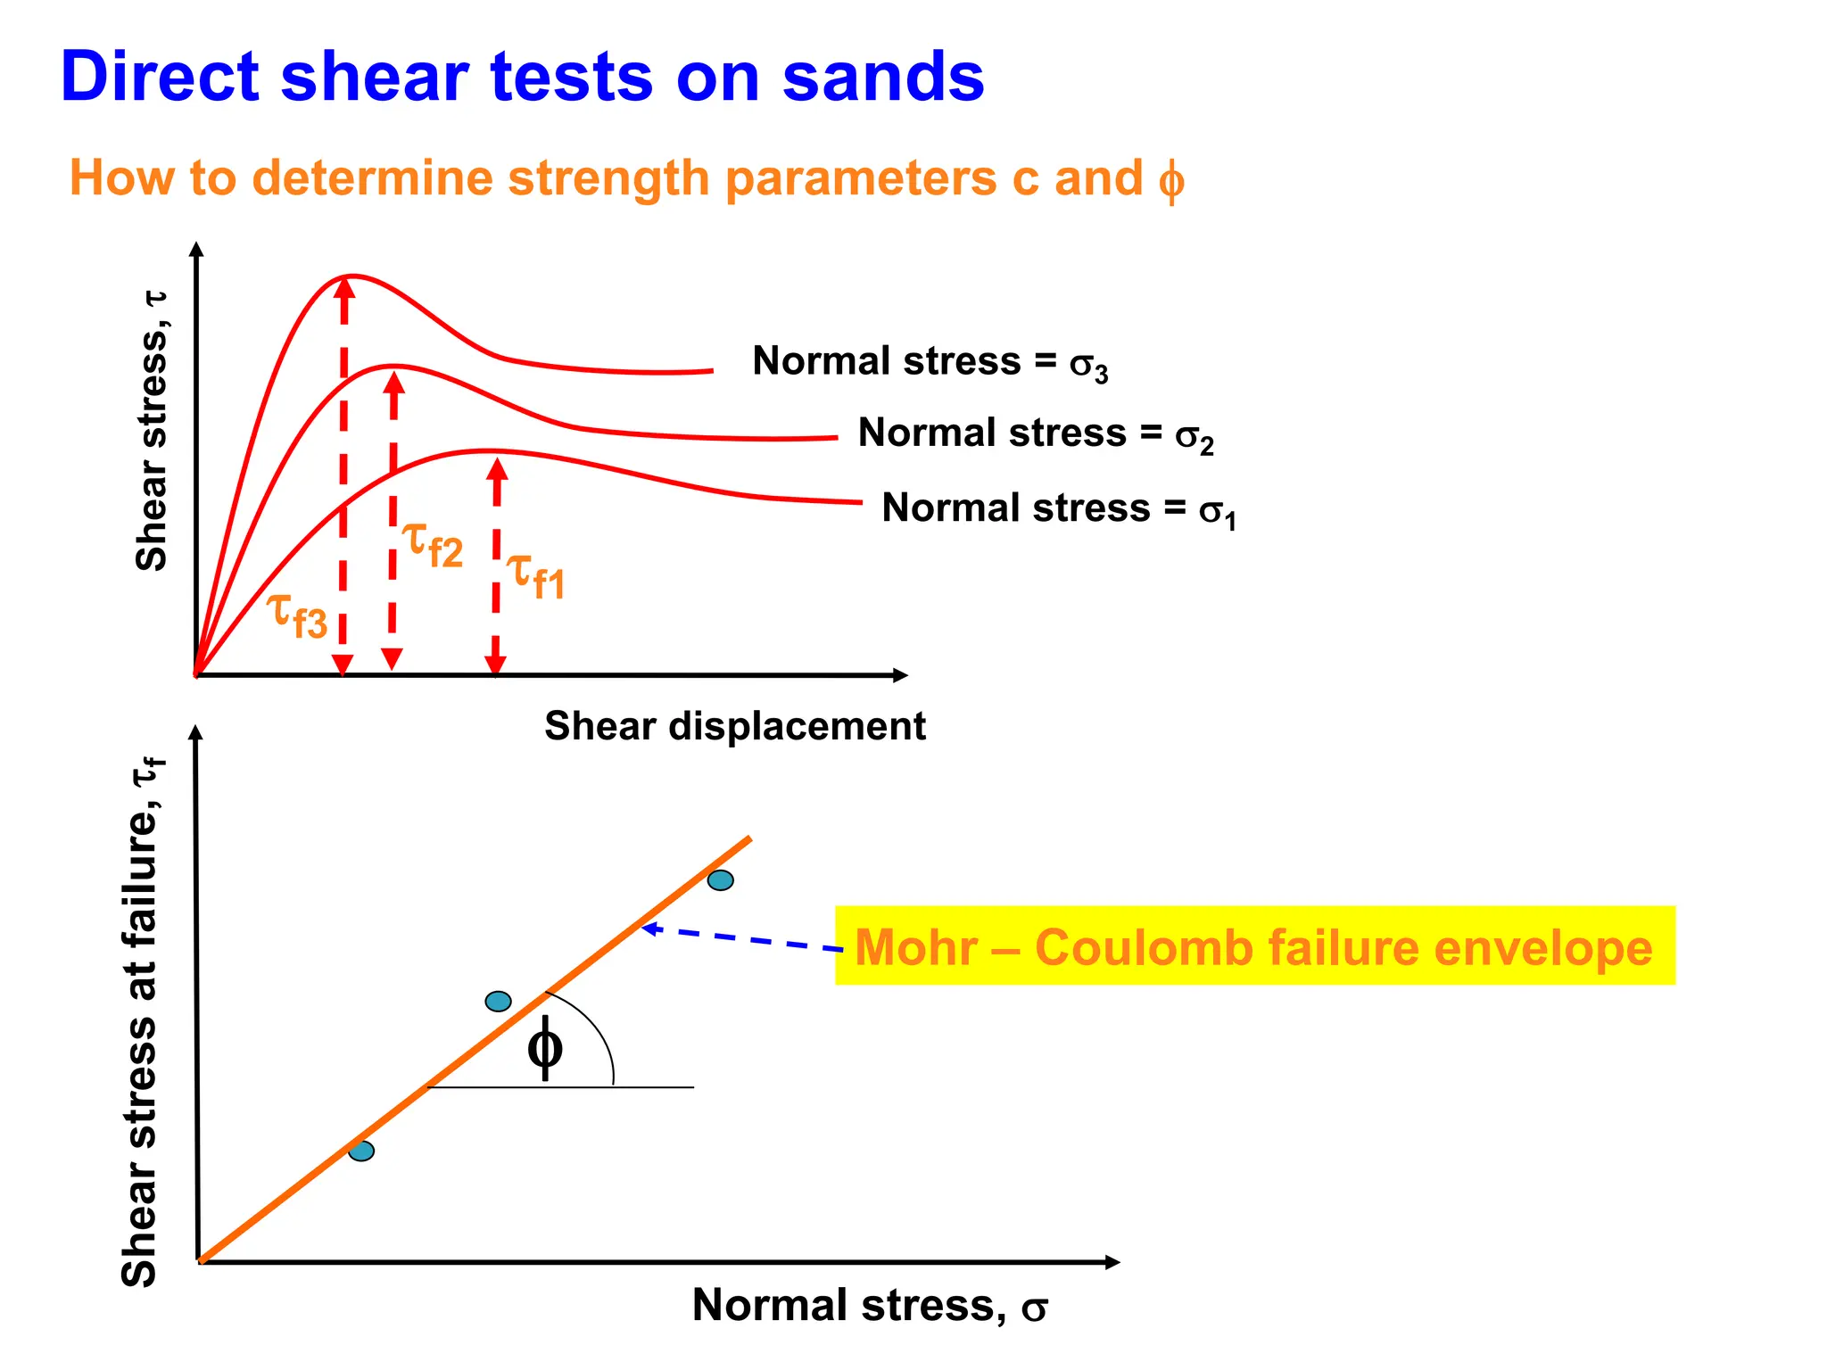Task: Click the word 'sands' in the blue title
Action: [x=883, y=77]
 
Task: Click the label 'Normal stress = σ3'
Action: [x=930, y=362]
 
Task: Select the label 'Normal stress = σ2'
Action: [x=1035, y=433]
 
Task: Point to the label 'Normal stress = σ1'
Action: [x=1058, y=509]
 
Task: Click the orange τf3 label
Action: [x=298, y=615]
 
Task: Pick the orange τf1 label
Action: [x=536, y=575]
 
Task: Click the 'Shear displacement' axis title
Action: [x=734, y=726]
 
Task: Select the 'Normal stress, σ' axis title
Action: [x=869, y=1306]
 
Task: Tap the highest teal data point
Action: [x=721, y=880]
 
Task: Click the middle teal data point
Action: [x=498, y=1002]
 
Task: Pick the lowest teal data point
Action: [x=361, y=1151]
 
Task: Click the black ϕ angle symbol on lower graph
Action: [x=544, y=1047]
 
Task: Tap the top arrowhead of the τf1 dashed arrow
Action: [x=497, y=467]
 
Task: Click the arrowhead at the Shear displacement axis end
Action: [x=901, y=675]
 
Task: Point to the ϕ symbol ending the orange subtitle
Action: [x=1170, y=180]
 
